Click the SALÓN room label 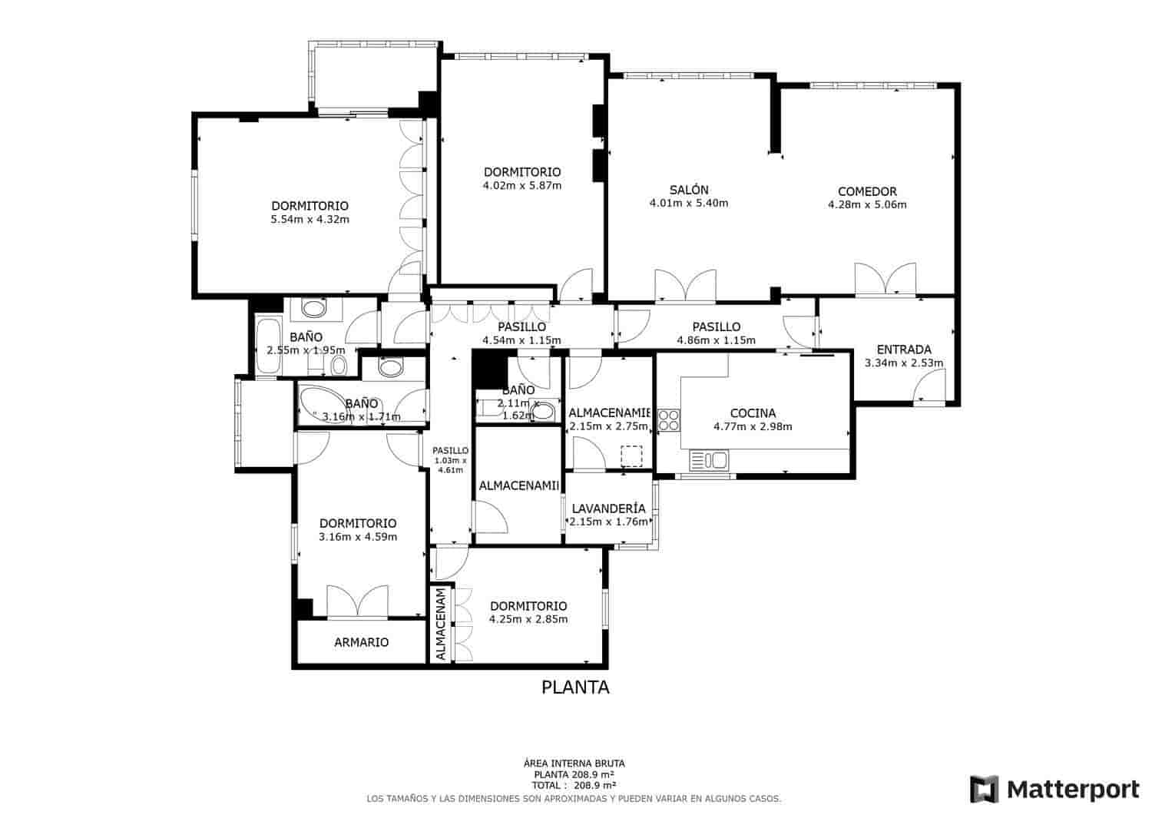688,190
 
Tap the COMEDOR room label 867,191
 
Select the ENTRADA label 904,350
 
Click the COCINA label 753,412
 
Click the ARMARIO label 361,642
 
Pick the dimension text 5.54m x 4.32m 310,220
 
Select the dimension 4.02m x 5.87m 521,186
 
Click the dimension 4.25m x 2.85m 528,619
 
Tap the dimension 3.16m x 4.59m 357,537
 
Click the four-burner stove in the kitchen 668,419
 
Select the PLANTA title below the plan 575,687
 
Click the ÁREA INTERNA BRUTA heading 574,764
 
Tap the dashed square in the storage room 631,456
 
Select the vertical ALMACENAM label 441,625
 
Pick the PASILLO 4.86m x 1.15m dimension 716,340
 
